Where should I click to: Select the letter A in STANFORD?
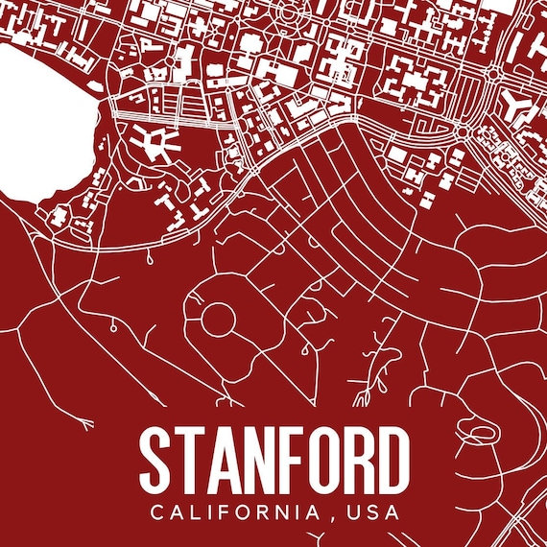(225, 460)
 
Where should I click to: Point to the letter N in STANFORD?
(260, 460)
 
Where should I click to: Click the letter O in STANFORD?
(324, 460)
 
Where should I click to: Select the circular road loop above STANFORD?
(217, 317)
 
